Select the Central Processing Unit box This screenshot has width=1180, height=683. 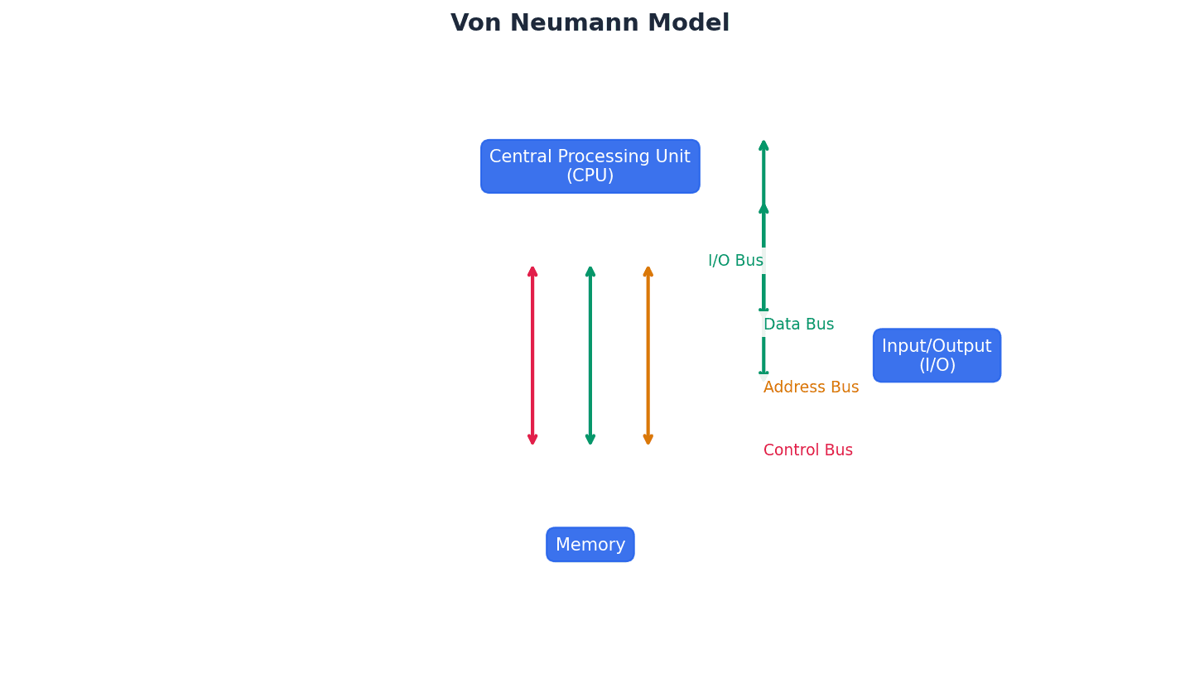tap(590, 166)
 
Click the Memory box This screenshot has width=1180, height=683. tap(590, 545)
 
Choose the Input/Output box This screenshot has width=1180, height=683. tap(937, 355)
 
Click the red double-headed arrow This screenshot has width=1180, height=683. tap(532, 356)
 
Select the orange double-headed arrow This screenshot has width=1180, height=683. tap(648, 356)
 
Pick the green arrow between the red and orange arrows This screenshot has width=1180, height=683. tap(590, 356)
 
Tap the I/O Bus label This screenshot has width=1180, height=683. tap(735, 261)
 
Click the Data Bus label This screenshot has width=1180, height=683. tap(798, 325)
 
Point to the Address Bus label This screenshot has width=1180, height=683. tap(811, 387)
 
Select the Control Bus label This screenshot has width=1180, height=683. tap(807, 450)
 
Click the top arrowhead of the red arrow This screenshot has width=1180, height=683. tap(532, 271)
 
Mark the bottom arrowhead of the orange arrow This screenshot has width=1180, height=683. tap(648, 440)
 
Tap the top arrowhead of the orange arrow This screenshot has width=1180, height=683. tap(648, 271)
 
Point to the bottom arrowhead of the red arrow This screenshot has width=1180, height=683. tap(532, 440)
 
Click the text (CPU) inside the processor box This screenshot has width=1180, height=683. tap(590, 176)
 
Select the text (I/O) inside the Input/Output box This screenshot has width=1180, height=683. tap(937, 365)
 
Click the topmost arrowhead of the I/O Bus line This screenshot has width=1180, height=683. tap(763, 146)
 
